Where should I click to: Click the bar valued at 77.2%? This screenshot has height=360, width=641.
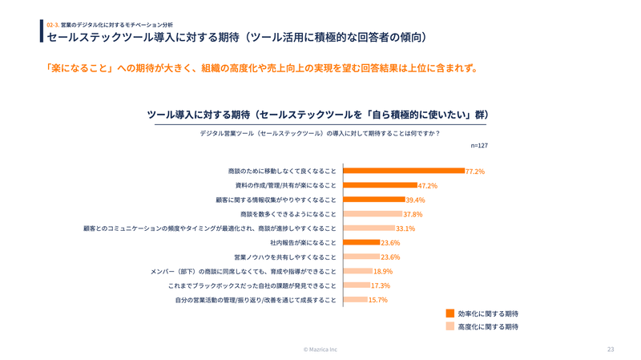pyautogui.click(x=404, y=171)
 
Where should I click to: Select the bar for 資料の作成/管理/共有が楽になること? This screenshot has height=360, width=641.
pyautogui.click(x=381, y=185)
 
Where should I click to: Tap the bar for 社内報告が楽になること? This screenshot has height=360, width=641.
pyautogui.click(x=361, y=242)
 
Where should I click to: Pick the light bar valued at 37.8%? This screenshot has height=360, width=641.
pyautogui.click(x=373, y=214)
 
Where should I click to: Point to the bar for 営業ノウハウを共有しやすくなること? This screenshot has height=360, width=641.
pyautogui.click(x=361, y=257)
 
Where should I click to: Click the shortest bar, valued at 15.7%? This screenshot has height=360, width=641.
pyautogui.click(x=355, y=300)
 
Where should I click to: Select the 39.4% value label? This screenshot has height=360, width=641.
pyautogui.click(x=415, y=200)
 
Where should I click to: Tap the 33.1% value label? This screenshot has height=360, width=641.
pyautogui.click(x=405, y=229)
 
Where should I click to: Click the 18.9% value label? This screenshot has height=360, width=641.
pyautogui.click(x=383, y=271)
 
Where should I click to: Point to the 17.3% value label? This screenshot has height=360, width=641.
pyautogui.click(x=381, y=285)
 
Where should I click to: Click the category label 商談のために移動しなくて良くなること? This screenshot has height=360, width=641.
pyautogui.click(x=282, y=171)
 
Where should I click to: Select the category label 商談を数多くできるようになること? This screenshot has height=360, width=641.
pyautogui.click(x=288, y=214)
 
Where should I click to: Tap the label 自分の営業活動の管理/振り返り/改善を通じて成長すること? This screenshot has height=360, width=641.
pyautogui.click(x=256, y=300)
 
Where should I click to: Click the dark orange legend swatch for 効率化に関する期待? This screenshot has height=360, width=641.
pyautogui.click(x=450, y=313)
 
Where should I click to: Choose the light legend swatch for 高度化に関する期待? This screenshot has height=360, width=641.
pyautogui.click(x=450, y=327)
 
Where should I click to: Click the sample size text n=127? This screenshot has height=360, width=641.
pyautogui.click(x=479, y=146)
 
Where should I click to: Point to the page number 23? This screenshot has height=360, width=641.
pyautogui.click(x=611, y=350)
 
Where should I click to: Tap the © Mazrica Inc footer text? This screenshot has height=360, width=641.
pyautogui.click(x=320, y=350)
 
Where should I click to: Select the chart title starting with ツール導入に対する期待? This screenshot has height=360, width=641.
pyautogui.click(x=318, y=115)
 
